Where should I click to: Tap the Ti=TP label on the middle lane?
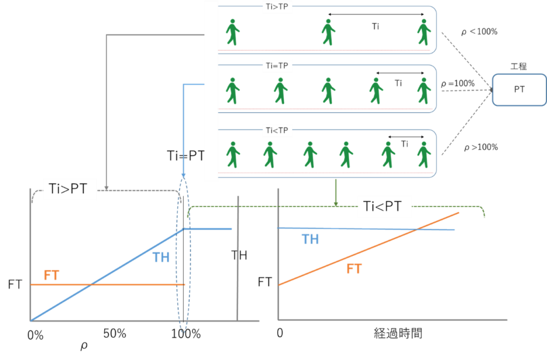[277, 66]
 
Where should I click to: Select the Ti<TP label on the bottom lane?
[277, 130]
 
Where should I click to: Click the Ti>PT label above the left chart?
[69, 189]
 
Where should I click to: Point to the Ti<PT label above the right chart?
[385, 206]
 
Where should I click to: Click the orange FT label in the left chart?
[51, 276]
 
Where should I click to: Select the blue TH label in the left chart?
[161, 257]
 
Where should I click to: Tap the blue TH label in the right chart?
[310, 239]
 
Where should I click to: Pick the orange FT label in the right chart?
[354, 269]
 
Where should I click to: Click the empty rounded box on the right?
[519, 90]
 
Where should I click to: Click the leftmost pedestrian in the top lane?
[232, 33]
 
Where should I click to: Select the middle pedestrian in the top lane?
[328, 33]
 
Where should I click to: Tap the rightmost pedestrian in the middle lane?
[424, 91]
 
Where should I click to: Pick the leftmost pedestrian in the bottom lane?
[232, 155]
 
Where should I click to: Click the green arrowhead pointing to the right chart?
[336, 203]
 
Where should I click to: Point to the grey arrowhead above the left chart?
[106, 187]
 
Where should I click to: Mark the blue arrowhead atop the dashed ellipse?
[183, 175]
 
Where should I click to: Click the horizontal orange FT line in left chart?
[107, 285]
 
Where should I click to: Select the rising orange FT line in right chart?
[369, 249]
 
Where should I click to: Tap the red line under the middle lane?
[325, 109]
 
